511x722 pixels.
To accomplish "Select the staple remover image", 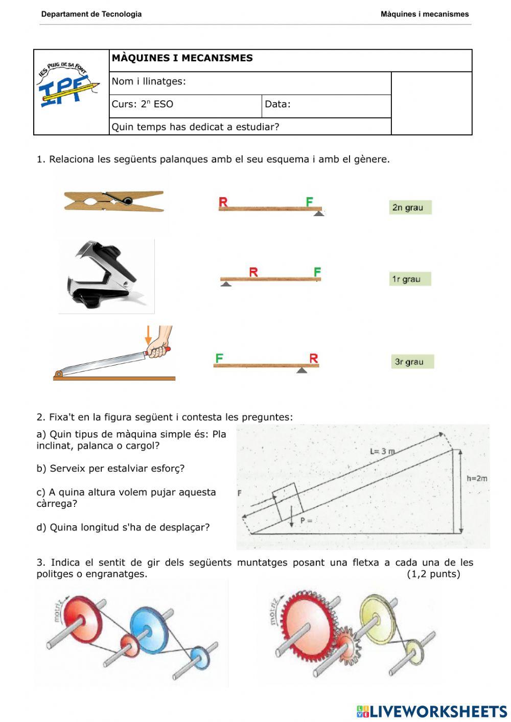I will coord(106,276).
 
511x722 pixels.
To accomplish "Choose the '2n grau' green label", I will coord(410,207).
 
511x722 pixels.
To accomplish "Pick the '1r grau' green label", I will coord(410,279).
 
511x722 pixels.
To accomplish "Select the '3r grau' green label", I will coord(412,362).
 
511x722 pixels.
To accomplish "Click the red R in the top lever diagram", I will coord(223,202).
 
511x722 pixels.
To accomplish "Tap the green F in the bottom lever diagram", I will coord(219,358).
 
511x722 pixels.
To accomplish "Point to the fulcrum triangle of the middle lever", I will coord(226,284).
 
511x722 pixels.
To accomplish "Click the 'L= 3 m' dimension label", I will coord(382,451).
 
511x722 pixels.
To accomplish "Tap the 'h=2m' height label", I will coord(477,479).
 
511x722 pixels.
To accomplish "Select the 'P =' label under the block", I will coord(306,521).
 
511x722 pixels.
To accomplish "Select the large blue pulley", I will coord(149,630).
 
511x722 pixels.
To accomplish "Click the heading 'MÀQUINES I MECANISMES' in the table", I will coord(182,58).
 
